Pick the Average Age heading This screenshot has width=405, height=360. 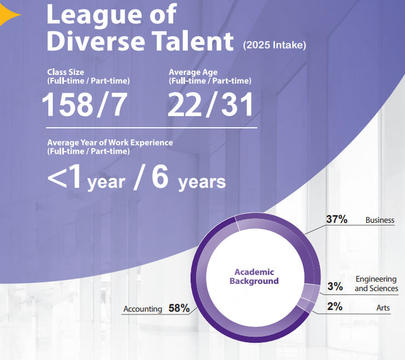(193, 72)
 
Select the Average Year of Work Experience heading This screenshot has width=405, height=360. (110, 143)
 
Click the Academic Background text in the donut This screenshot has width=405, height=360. (254, 276)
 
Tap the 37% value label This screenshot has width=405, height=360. (337, 219)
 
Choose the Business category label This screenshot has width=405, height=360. (379, 220)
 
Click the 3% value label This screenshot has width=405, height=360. (334, 287)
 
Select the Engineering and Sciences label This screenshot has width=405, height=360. (376, 283)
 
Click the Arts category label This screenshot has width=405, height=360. (383, 307)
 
